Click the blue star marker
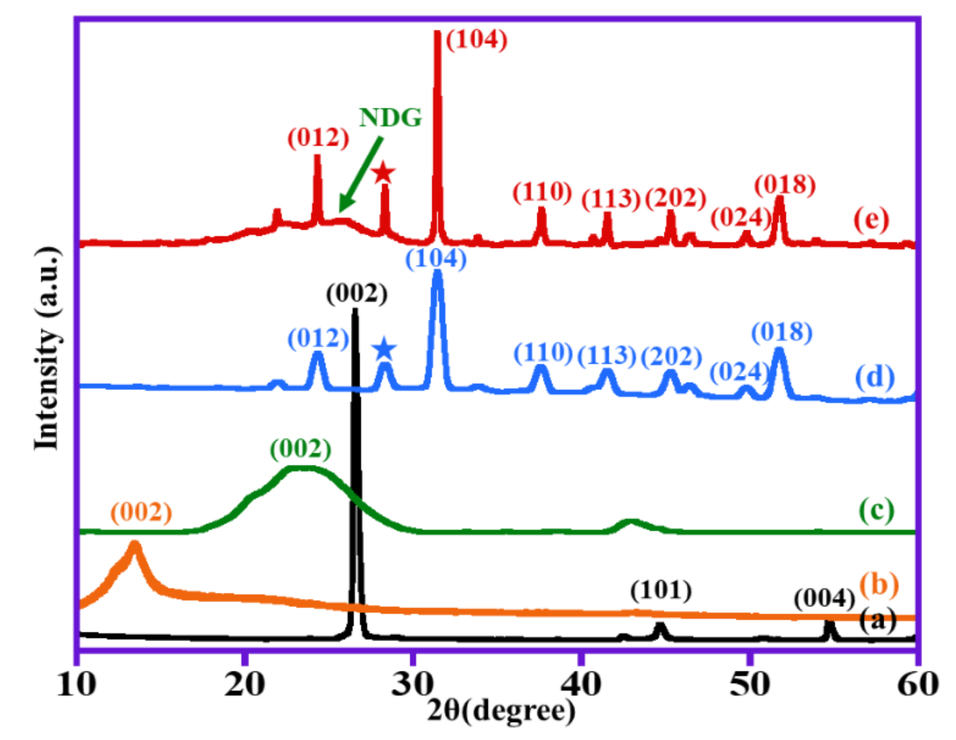coord(384,349)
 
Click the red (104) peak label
coord(476,40)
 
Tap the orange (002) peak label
coord(141,512)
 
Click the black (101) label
coord(661,591)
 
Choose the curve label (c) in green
coord(877,510)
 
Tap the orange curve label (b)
coord(879,585)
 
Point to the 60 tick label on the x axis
coord(918,684)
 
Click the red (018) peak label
coord(785,185)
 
